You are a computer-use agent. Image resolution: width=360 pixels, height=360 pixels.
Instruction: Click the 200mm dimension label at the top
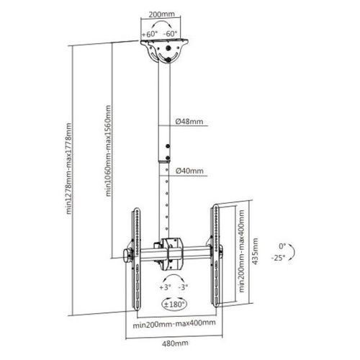[161, 14]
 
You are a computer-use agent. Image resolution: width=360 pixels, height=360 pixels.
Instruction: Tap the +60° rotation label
[150, 34]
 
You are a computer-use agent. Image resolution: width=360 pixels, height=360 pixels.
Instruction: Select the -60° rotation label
[170, 34]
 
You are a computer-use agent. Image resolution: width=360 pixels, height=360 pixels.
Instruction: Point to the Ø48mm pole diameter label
[189, 122]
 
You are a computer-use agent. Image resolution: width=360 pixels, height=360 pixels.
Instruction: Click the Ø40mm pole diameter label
[189, 171]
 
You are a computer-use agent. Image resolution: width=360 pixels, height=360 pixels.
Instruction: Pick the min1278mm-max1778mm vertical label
[68, 168]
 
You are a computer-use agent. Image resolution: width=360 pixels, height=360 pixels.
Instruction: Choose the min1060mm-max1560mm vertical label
[109, 150]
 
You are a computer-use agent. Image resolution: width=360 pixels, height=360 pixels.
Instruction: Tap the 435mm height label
[256, 251]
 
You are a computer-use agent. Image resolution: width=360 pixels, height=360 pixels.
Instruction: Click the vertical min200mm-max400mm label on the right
[241, 251]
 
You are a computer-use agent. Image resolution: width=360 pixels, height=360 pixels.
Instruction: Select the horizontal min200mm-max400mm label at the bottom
[174, 324]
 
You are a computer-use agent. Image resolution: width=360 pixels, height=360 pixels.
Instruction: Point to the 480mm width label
[175, 343]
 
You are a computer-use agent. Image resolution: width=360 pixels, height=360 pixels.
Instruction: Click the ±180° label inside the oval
[174, 305]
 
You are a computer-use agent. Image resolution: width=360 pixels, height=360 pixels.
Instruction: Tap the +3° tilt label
[165, 287]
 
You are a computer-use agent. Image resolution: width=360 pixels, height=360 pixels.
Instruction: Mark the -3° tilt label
[183, 287]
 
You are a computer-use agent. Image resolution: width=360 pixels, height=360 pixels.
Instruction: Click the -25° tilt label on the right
[279, 258]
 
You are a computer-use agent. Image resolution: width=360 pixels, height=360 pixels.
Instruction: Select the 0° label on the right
[282, 246]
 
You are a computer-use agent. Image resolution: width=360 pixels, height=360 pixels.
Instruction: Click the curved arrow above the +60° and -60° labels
[161, 22]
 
